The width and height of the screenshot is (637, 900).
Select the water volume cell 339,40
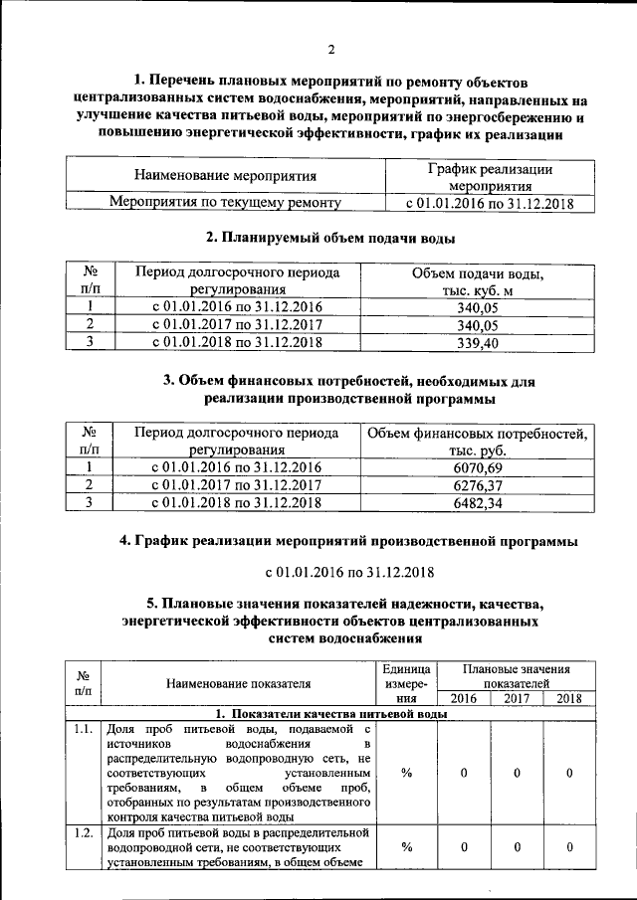point(477,343)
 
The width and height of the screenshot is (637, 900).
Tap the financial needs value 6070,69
point(477,466)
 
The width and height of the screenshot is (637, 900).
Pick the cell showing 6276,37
point(477,484)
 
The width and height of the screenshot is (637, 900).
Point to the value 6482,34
point(477,503)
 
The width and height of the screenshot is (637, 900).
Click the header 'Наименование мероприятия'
point(225,177)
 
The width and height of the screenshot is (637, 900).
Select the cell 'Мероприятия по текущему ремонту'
point(225,203)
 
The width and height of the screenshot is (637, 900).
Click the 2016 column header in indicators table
point(464,698)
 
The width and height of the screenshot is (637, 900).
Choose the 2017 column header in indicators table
point(517,698)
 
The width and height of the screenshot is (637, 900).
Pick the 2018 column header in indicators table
point(568,698)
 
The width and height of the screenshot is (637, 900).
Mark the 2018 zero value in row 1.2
point(568,846)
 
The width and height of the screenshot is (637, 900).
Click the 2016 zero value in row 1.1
point(464,773)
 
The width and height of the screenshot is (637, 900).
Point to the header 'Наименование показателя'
point(238,683)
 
